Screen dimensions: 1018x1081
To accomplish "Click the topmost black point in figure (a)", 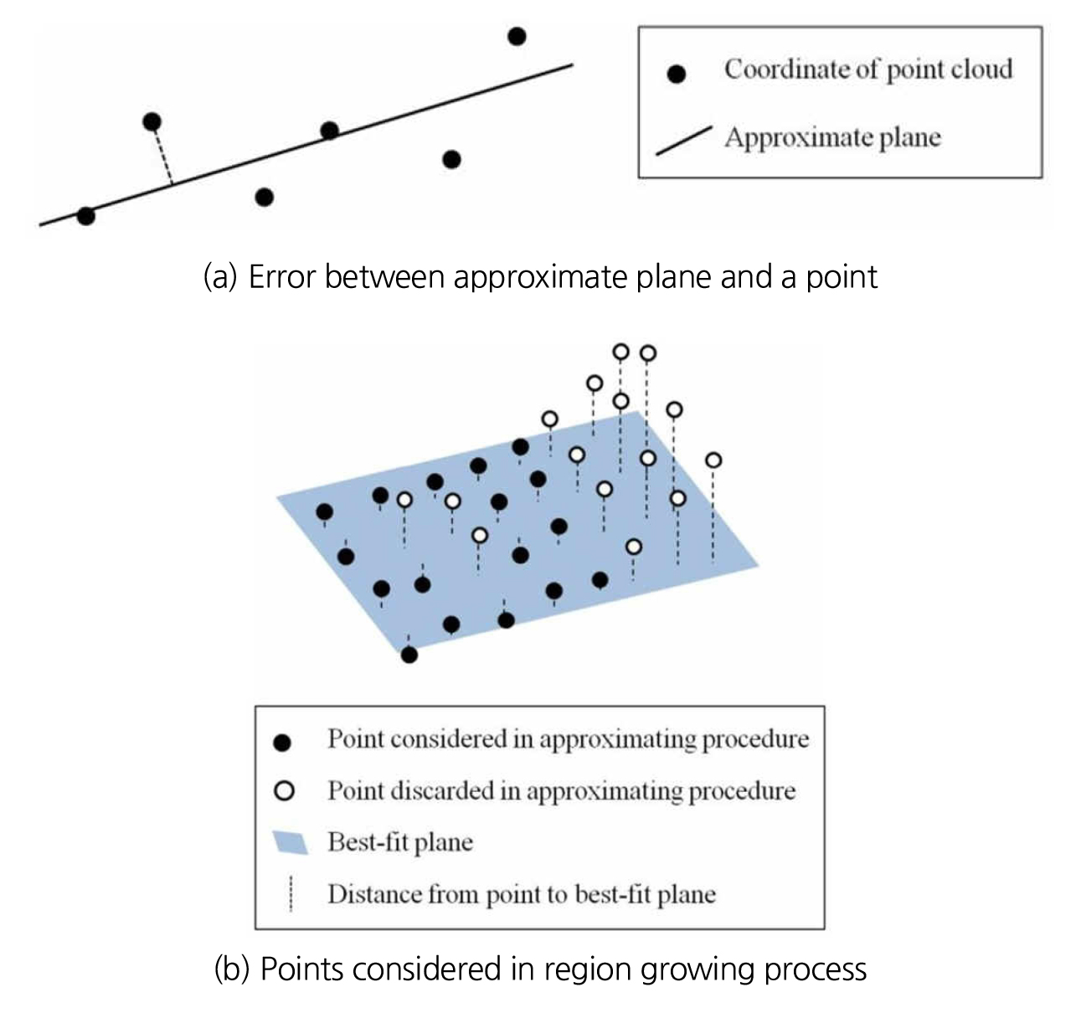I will pos(517,36).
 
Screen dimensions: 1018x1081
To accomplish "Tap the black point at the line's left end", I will pos(85,216).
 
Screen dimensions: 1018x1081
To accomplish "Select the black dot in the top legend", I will pos(677,74).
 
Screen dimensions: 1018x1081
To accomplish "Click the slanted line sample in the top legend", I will pos(683,141).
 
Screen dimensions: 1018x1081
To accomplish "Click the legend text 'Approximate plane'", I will pos(832,137).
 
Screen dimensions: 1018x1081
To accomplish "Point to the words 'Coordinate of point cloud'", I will pos(868,69).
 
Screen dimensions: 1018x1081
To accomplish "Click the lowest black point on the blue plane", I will pos(409,654).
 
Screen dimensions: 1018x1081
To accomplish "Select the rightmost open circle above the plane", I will pos(713,460).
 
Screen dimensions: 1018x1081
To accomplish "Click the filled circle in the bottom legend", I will pos(283,742).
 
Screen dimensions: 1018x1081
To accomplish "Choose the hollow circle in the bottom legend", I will pos(285,790).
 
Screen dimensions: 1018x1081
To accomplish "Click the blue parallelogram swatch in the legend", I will pos(291,842).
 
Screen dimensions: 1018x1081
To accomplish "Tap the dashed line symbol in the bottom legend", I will pos(291,893).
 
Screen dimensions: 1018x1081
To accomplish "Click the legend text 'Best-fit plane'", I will pos(400,841).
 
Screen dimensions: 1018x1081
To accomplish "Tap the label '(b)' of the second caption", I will pos(233,969).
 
